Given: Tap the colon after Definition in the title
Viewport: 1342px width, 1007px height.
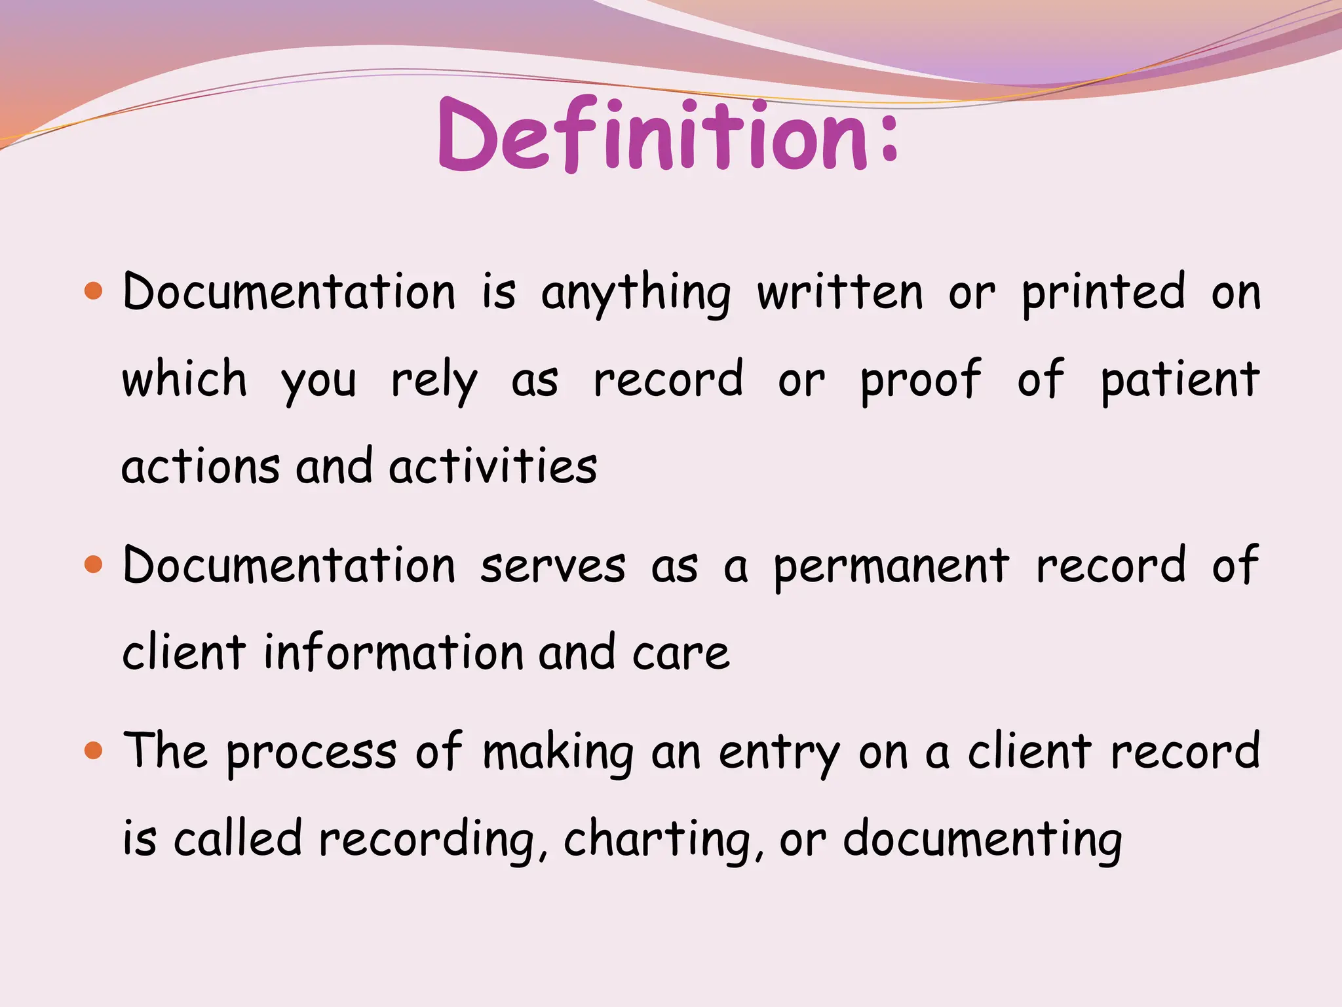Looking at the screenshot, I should (889, 136).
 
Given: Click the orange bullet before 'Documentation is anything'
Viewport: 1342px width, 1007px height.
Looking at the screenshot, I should (94, 291).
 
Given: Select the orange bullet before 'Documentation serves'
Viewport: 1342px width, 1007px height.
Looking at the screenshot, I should (94, 564).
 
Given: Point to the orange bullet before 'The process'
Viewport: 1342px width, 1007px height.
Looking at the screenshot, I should (94, 751).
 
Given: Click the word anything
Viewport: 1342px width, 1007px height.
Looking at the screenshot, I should (635, 293).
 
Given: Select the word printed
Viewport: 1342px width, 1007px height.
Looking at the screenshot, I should (1103, 293).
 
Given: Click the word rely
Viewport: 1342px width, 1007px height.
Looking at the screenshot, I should (434, 382).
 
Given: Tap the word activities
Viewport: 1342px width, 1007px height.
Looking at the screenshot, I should (492, 466).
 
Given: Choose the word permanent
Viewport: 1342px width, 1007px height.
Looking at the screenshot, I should (891, 567).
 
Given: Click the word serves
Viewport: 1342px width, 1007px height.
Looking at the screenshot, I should (552, 566).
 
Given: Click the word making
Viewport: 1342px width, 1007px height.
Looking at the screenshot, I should (558, 753).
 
